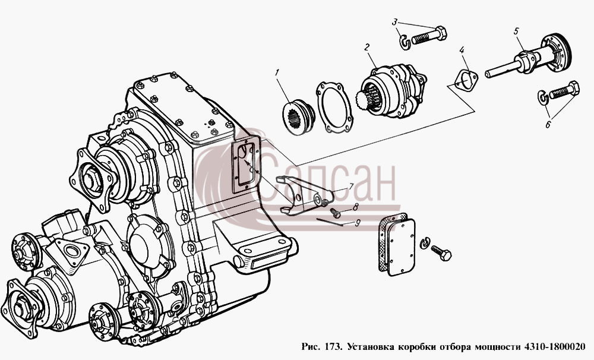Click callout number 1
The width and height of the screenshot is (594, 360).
pyautogui.click(x=277, y=72)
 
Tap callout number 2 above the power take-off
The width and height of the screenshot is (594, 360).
pyautogui.click(x=366, y=47)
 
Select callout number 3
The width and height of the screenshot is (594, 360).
pyautogui.click(x=394, y=21)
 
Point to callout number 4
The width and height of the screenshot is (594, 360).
pyautogui.click(x=462, y=50)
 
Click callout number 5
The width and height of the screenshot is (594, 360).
pyautogui.click(x=516, y=31)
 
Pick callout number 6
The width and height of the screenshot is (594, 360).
pyautogui.click(x=548, y=124)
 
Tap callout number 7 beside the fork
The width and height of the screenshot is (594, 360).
pyautogui.click(x=351, y=187)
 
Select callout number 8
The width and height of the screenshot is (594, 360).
pyautogui.click(x=355, y=207)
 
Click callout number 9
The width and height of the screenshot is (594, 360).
pyautogui.click(x=357, y=223)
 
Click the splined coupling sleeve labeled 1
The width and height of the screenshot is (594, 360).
pyautogui.click(x=299, y=116)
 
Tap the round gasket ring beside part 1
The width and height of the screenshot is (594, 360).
pyautogui.click(x=334, y=108)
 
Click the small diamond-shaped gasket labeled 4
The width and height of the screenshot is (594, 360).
pyautogui.click(x=466, y=81)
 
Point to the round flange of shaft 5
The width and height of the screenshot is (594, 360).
pyautogui.click(x=557, y=52)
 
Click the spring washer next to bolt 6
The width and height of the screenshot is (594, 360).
pyautogui.click(x=544, y=97)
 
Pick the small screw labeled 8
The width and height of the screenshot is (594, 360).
pyautogui.click(x=335, y=213)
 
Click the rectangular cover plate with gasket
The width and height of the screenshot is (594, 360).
pyautogui.click(x=397, y=244)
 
